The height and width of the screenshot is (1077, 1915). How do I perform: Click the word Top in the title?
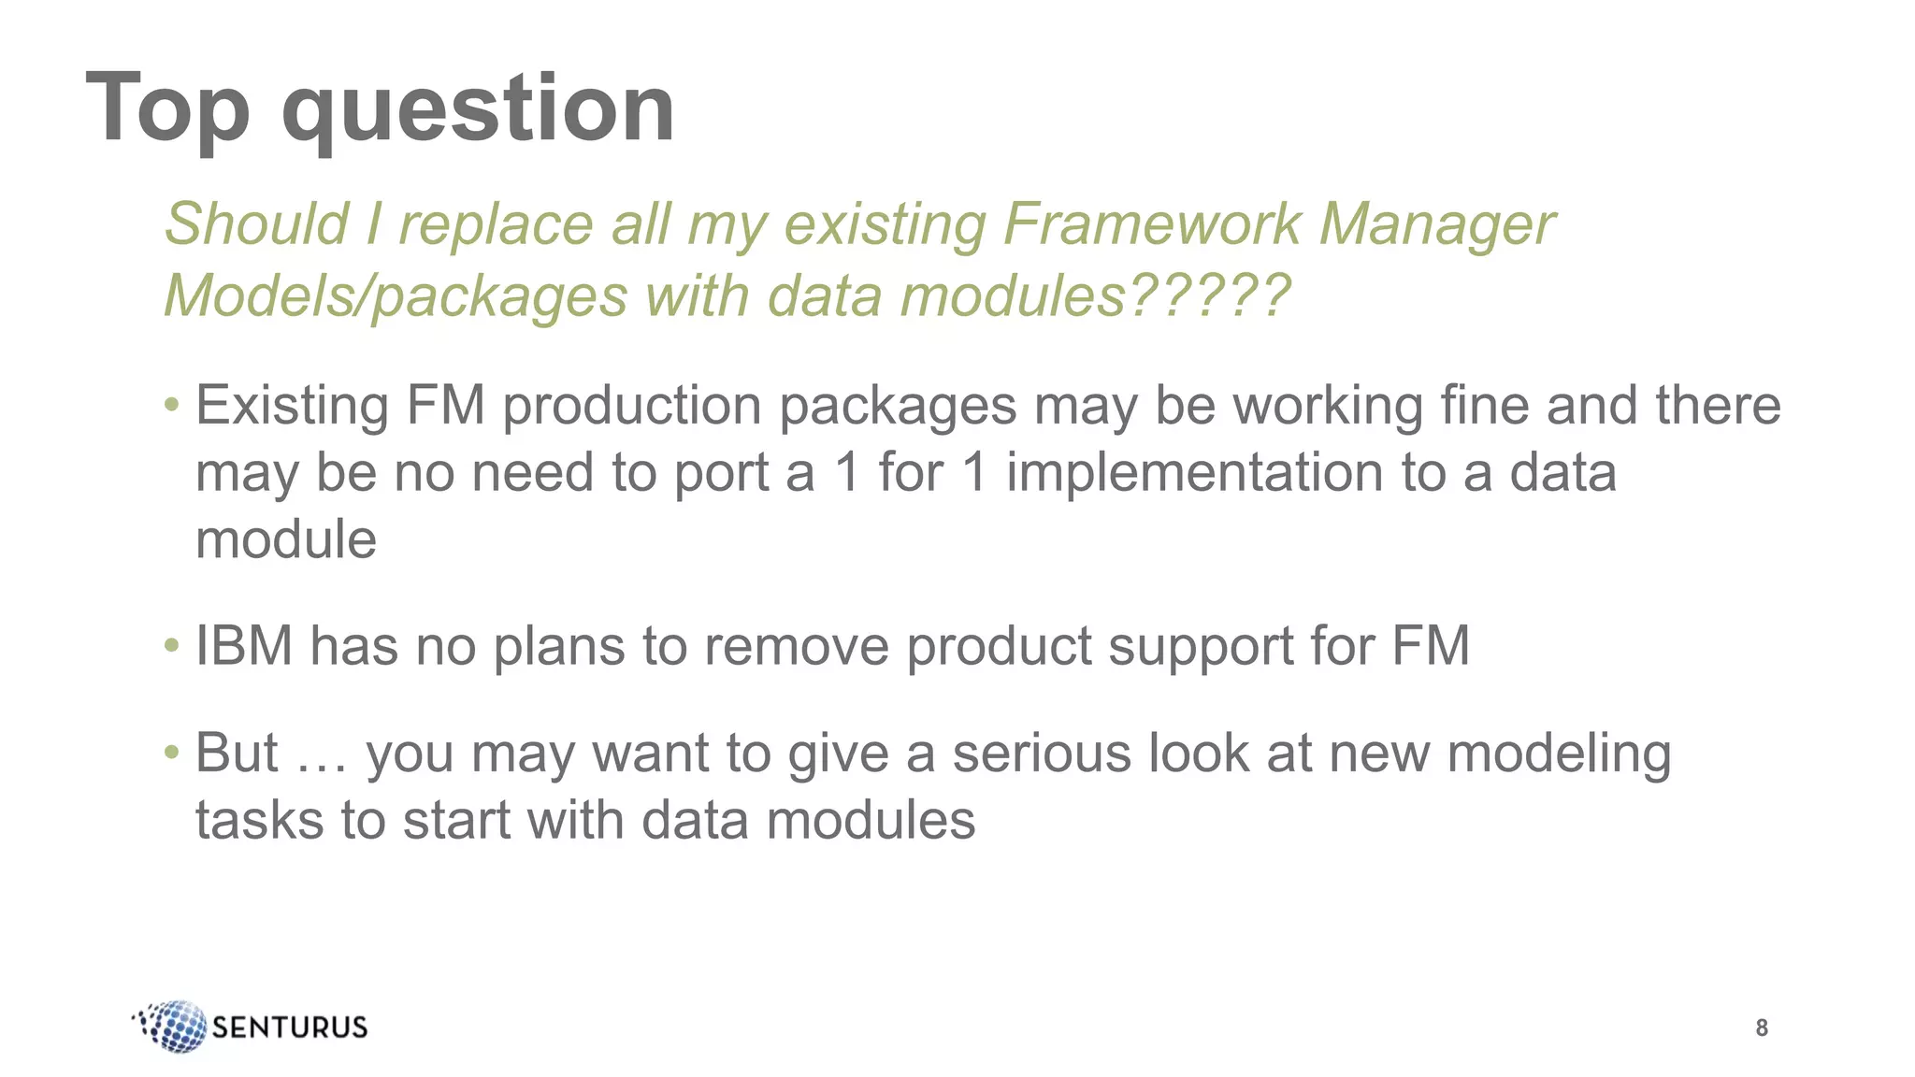pyautogui.click(x=168, y=110)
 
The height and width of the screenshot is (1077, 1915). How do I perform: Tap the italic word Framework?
pyautogui.click(x=1152, y=225)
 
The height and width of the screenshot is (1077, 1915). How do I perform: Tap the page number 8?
pyautogui.click(x=1762, y=1027)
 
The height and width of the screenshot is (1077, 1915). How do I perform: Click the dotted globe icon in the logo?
pyautogui.click(x=173, y=1026)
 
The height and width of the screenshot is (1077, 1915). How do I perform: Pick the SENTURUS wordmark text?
pyautogui.click(x=290, y=1027)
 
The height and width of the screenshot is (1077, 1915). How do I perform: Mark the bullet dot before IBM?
pyautogui.click(x=171, y=646)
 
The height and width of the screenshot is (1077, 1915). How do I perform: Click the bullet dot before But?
pyautogui.click(x=171, y=753)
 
